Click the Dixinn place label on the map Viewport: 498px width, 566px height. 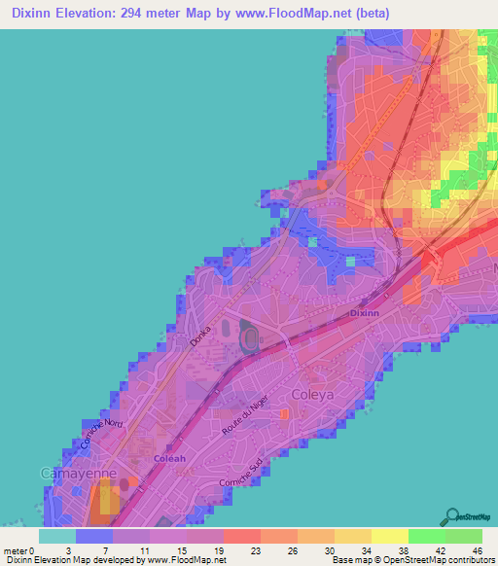[364, 314]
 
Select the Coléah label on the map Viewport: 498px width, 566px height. [169, 458]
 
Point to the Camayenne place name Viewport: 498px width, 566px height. [78, 473]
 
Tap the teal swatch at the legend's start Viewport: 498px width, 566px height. [57, 536]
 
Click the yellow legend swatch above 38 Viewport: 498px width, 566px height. [390, 536]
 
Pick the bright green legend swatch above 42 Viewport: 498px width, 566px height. [427, 536]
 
